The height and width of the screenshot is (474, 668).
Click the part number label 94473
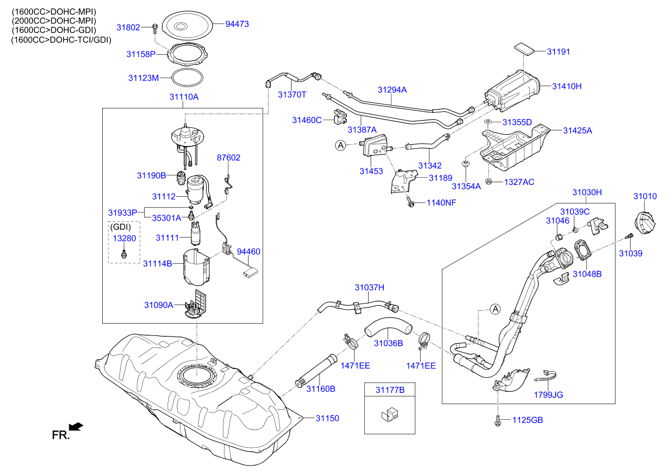pyautogui.click(x=237, y=24)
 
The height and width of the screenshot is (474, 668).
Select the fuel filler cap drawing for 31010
pyautogui.click(x=646, y=225)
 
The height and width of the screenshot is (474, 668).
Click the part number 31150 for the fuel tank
pyautogui.click(x=327, y=418)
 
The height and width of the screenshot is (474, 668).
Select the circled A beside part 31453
pyautogui.click(x=340, y=145)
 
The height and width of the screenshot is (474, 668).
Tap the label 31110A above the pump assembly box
pyautogui.click(x=184, y=97)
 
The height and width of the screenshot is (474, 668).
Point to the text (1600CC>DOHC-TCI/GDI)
pyautogui.click(x=61, y=40)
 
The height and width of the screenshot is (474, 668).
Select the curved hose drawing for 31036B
pyautogui.click(x=388, y=327)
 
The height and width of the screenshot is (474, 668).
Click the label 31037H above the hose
pyautogui.click(x=369, y=287)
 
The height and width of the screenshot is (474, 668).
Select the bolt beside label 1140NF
pyautogui.click(x=410, y=202)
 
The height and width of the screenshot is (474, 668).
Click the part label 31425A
pyautogui.click(x=577, y=130)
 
